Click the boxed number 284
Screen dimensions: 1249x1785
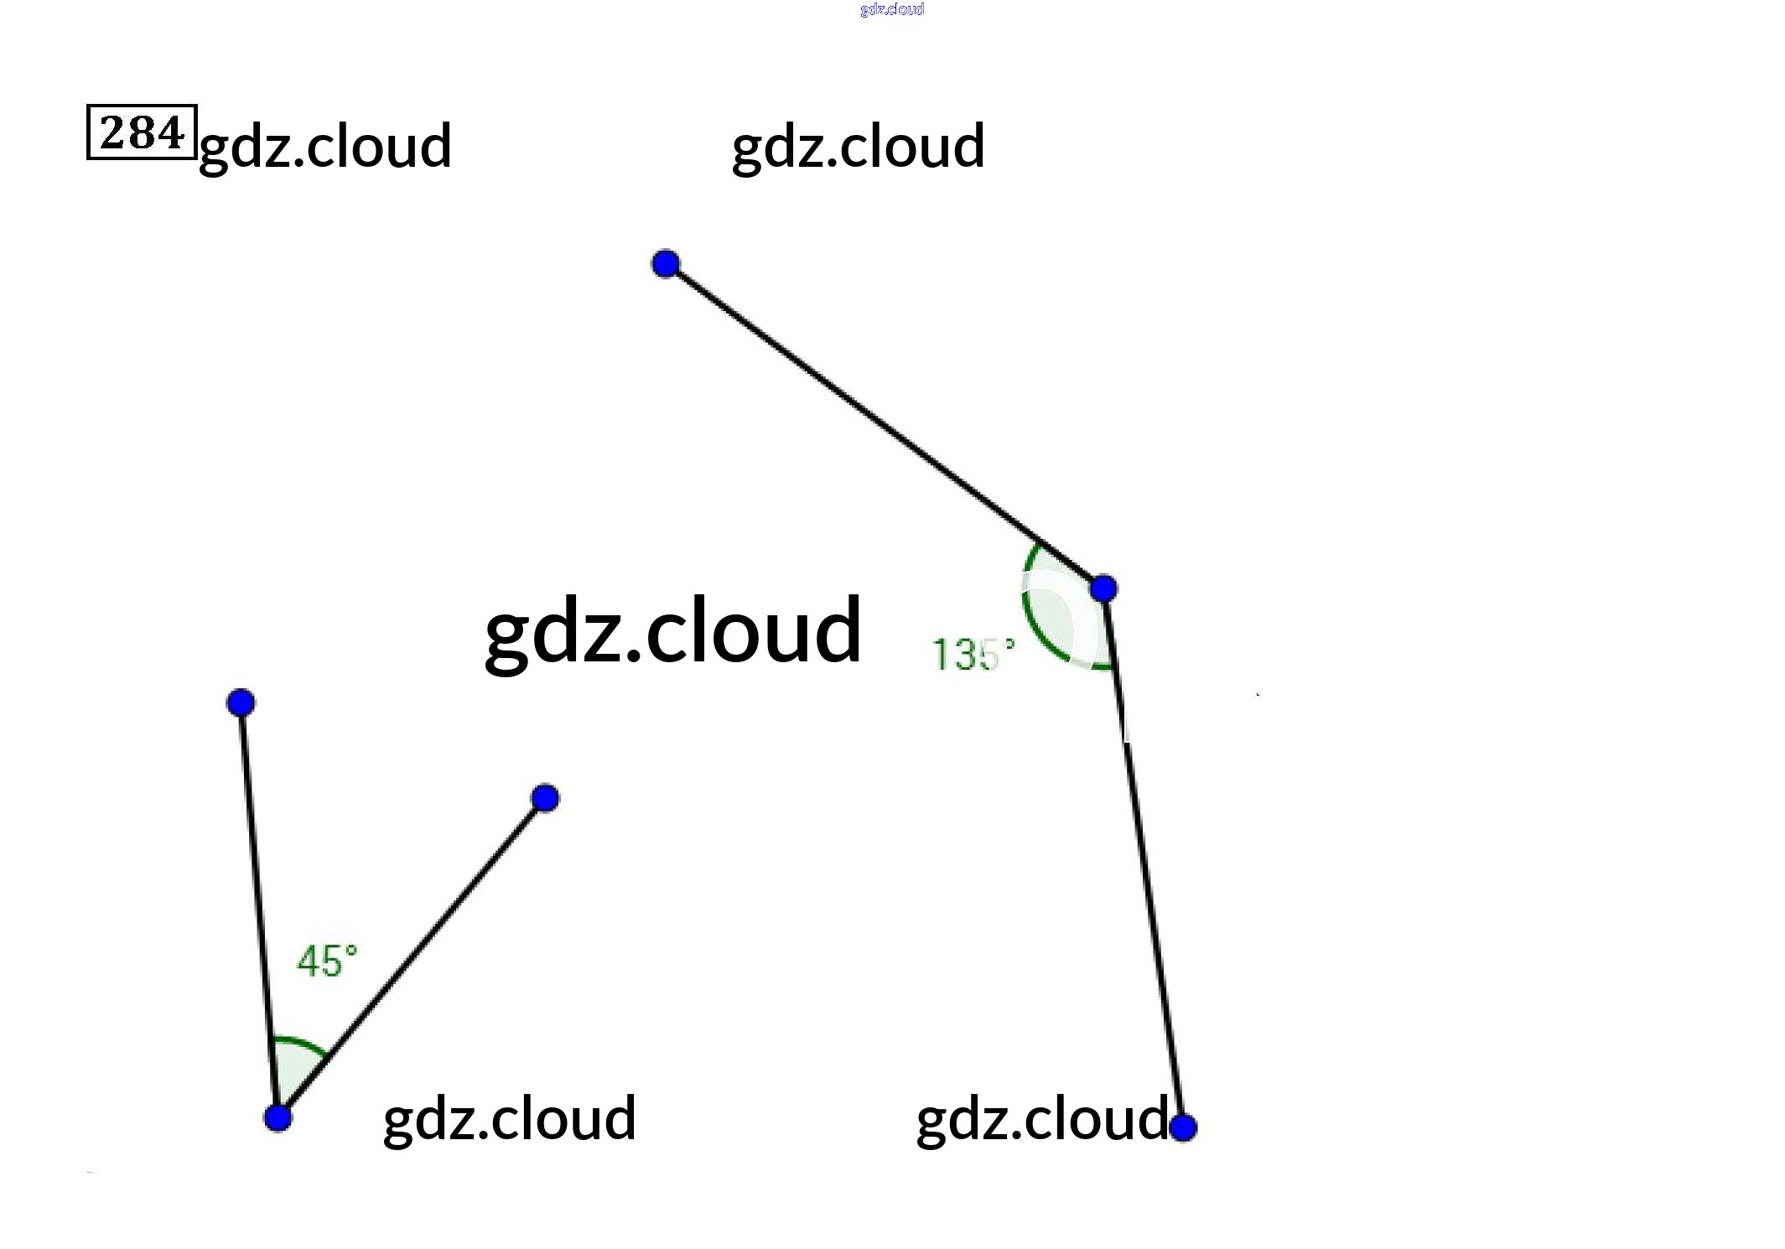point(142,132)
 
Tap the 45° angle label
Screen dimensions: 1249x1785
point(327,961)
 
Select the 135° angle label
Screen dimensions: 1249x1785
point(973,654)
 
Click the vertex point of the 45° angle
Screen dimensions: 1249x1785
point(278,1117)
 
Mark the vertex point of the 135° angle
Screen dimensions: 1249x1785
point(1103,588)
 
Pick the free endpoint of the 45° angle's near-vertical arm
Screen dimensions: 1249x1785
point(241,702)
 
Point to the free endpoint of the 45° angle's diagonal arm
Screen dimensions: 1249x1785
point(545,798)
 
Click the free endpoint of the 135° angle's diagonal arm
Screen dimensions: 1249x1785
point(666,264)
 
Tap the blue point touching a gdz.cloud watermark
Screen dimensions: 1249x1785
point(1182,1127)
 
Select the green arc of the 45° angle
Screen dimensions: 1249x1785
point(300,1042)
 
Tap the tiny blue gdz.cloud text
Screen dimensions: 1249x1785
point(892,9)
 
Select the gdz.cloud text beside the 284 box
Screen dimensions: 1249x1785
point(325,146)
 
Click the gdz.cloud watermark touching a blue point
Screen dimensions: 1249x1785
point(1041,1119)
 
